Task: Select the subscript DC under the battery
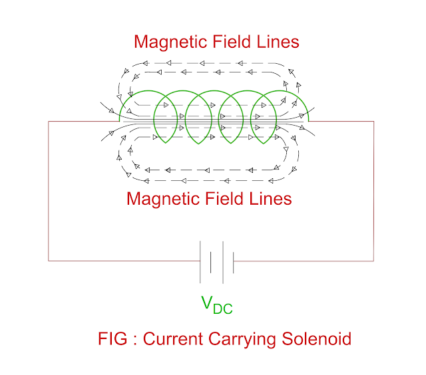pyautogui.click(x=223, y=309)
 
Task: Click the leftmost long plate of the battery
pyautogui.click(x=200, y=261)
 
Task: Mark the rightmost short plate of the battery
pyautogui.click(x=233, y=261)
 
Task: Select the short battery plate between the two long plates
pyautogui.click(x=211, y=261)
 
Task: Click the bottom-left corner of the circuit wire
pyautogui.click(x=49, y=261)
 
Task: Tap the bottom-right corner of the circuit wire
pyautogui.click(x=374, y=261)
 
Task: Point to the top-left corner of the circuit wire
pyautogui.click(x=49, y=122)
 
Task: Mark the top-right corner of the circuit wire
pyautogui.click(x=374, y=122)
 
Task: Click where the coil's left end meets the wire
pyautogui.click(x=120, y=121)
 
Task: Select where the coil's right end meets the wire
pyautogui.click(x=309, y=121)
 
